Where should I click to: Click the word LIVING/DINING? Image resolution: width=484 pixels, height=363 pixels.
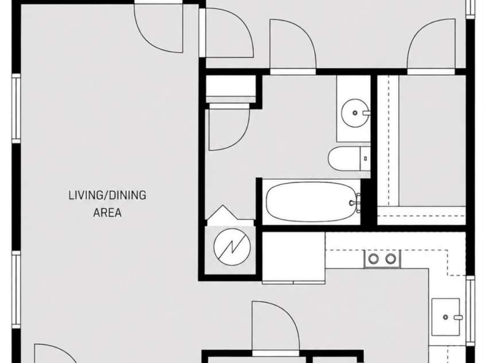[107, 195]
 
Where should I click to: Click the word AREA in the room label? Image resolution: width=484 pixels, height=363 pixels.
[107, 213]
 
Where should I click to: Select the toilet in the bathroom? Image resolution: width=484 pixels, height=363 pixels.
[349, 159]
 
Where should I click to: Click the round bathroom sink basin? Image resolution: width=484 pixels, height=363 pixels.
[355, 113]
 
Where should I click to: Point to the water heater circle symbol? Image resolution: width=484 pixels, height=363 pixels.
[232, 247]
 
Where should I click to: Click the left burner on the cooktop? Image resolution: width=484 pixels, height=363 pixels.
[374, 258]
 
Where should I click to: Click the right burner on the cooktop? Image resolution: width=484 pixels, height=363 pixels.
[390, 258]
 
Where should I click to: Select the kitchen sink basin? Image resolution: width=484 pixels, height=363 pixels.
[446, 317]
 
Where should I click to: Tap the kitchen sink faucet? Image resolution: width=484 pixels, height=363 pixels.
[458, 317]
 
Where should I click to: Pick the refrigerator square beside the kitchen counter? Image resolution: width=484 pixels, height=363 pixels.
[293, 258]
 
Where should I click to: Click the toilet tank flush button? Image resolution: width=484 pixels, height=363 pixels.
[366, 159]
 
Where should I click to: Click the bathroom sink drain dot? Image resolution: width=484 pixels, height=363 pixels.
[355, 113]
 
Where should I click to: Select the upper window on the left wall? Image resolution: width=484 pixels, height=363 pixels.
[16, 109]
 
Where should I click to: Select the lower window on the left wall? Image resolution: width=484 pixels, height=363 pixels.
[16, 289]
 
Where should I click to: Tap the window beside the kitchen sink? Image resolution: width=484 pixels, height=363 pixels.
[470, 311]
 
